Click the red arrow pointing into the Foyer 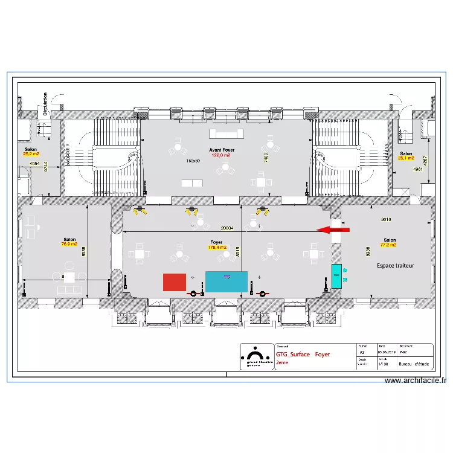[333, 230]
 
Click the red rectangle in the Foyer [175, 282]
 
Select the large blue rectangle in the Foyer [226, 281]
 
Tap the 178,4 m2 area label [217, 247]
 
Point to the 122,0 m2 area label [221, 155]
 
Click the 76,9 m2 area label [69, 244]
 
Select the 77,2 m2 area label [388, 245]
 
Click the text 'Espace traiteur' [396, 265]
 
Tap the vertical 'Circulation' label [45, 103]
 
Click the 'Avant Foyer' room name [222, 150]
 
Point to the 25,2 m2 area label [31, 154]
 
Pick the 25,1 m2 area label [405, 158]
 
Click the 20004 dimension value [227, 228]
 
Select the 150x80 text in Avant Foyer [193, 161]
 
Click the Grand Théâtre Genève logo [257, 356]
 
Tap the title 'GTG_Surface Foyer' [303, 355]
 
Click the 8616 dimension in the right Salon [387, 220]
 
